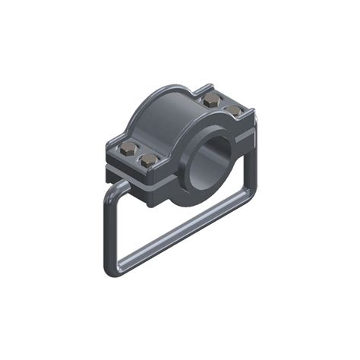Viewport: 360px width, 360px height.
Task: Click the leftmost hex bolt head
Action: click(126, 148)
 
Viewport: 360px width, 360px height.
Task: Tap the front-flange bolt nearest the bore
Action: click(149, 160)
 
